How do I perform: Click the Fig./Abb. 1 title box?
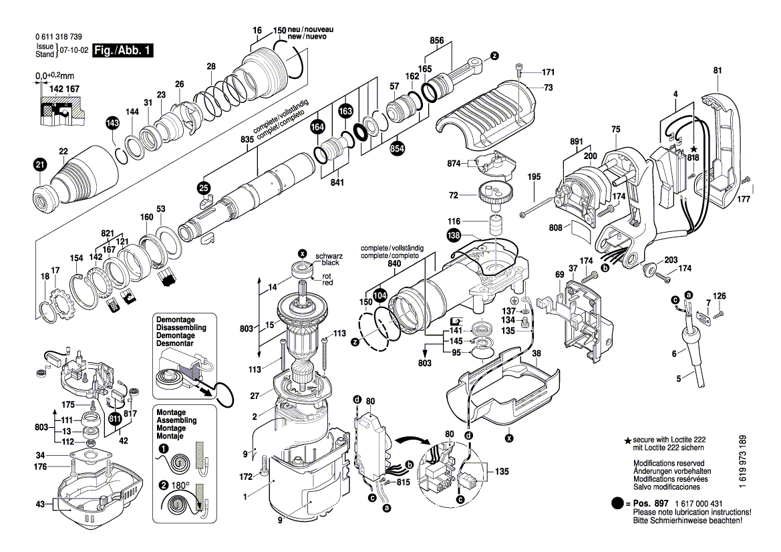[x=123, y=51]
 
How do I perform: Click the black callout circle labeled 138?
[x=454, y=235]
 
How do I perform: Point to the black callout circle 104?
[x=380, y=294]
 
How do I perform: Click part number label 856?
[x=437, y=40]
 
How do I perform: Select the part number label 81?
[x=718, y=70]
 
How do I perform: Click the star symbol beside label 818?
[x=693, y=147]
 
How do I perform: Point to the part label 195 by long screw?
[x=534, y=177]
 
